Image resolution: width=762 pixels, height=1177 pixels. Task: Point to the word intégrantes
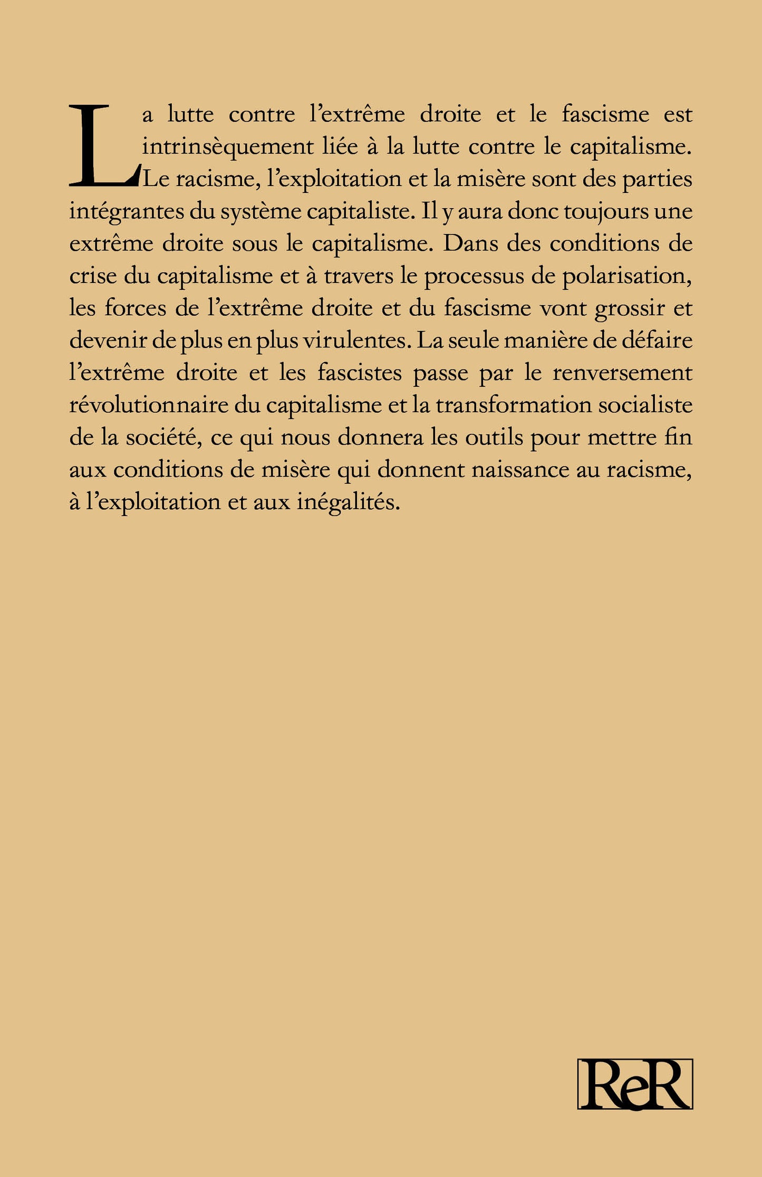point(126,212)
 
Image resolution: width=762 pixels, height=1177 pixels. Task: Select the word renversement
point(622,373)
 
